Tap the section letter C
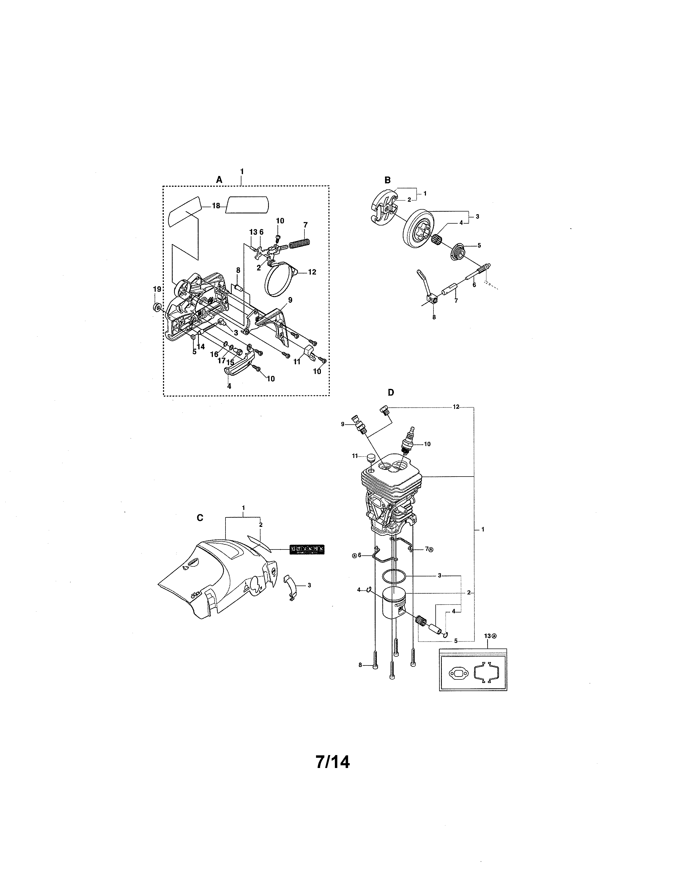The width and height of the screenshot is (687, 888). pyautogui.click(x=200, y=517)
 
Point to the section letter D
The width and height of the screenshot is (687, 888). pyautogui.click(x=391, y=392)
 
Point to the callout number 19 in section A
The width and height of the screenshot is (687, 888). pyautogui.click(x=157, y=289)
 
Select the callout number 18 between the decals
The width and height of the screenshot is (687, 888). pyautogui.click(x=216, y=206)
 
